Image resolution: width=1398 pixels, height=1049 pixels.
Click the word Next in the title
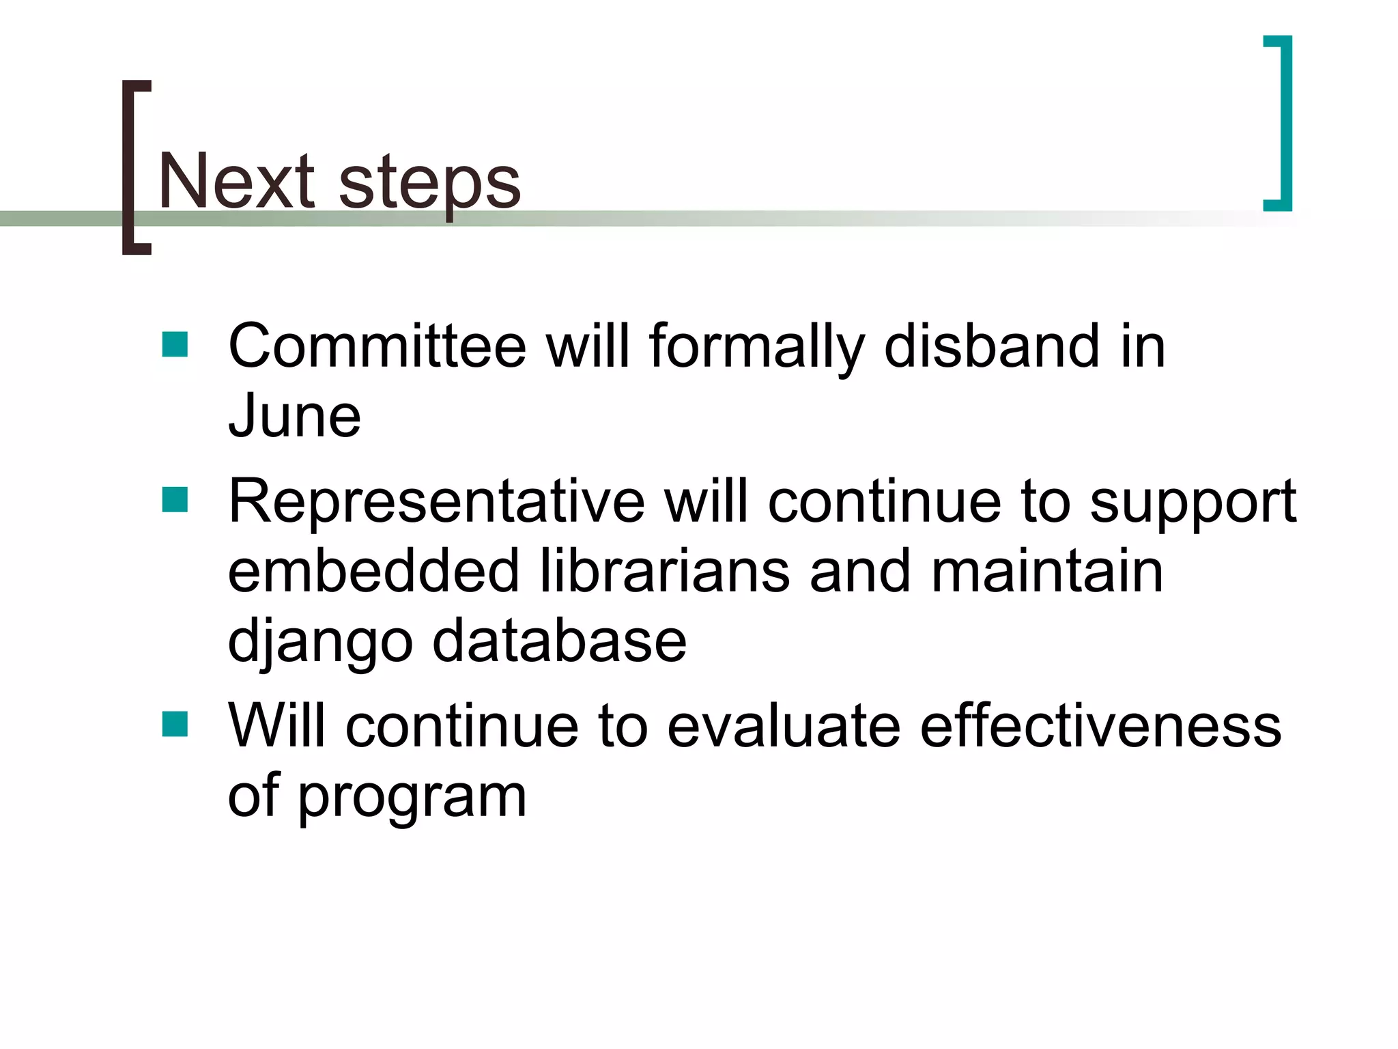[x=236, y=182]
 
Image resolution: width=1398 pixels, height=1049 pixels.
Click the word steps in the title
[x=429, y=183]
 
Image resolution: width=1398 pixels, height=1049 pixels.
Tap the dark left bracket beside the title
[x=130, y=167]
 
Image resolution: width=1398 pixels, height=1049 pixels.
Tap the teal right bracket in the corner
[x=1284, y=123]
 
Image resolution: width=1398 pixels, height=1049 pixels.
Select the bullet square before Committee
[x=175, y=345]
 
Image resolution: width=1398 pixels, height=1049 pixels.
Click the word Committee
[x=377, y=347]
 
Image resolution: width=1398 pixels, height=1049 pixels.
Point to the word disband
[x=991, y=347]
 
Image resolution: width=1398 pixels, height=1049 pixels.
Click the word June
[x=294, y=417]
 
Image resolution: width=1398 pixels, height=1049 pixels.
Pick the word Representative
[x=436, y=503]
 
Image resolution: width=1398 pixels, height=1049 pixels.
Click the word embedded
[x=373, y=572]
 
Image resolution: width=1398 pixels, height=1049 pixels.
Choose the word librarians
[x=665, y=572]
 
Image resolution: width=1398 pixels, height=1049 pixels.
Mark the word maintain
[x=1047, y=572]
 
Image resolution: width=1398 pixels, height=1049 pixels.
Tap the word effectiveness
[x=1100, y=727]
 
